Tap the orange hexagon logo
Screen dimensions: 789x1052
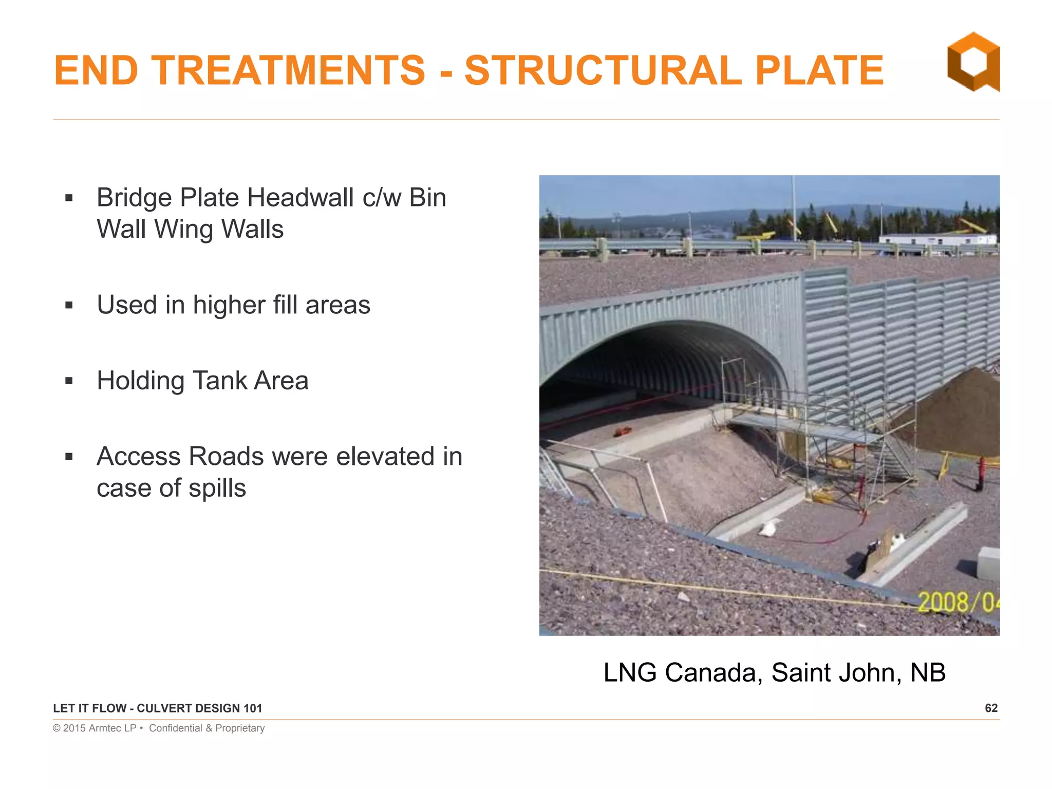pos(973,62)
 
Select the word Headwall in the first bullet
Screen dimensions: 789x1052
pos(300,198)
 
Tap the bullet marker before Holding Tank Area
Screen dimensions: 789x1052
pos(69,381)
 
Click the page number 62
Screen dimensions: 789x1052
pos(991,708)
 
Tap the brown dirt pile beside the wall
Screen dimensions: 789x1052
pos(955,416)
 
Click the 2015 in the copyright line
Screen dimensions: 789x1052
pos(74,728)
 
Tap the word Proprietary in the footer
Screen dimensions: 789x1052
pos(240,728)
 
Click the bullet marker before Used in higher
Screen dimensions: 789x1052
pos(69,306)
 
